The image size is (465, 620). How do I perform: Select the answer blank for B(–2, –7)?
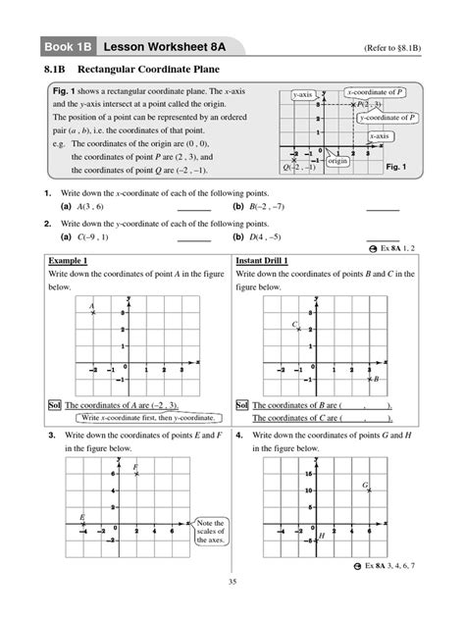click(383, 208)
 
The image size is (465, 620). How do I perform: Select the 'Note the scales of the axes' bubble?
click(211, 532)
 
